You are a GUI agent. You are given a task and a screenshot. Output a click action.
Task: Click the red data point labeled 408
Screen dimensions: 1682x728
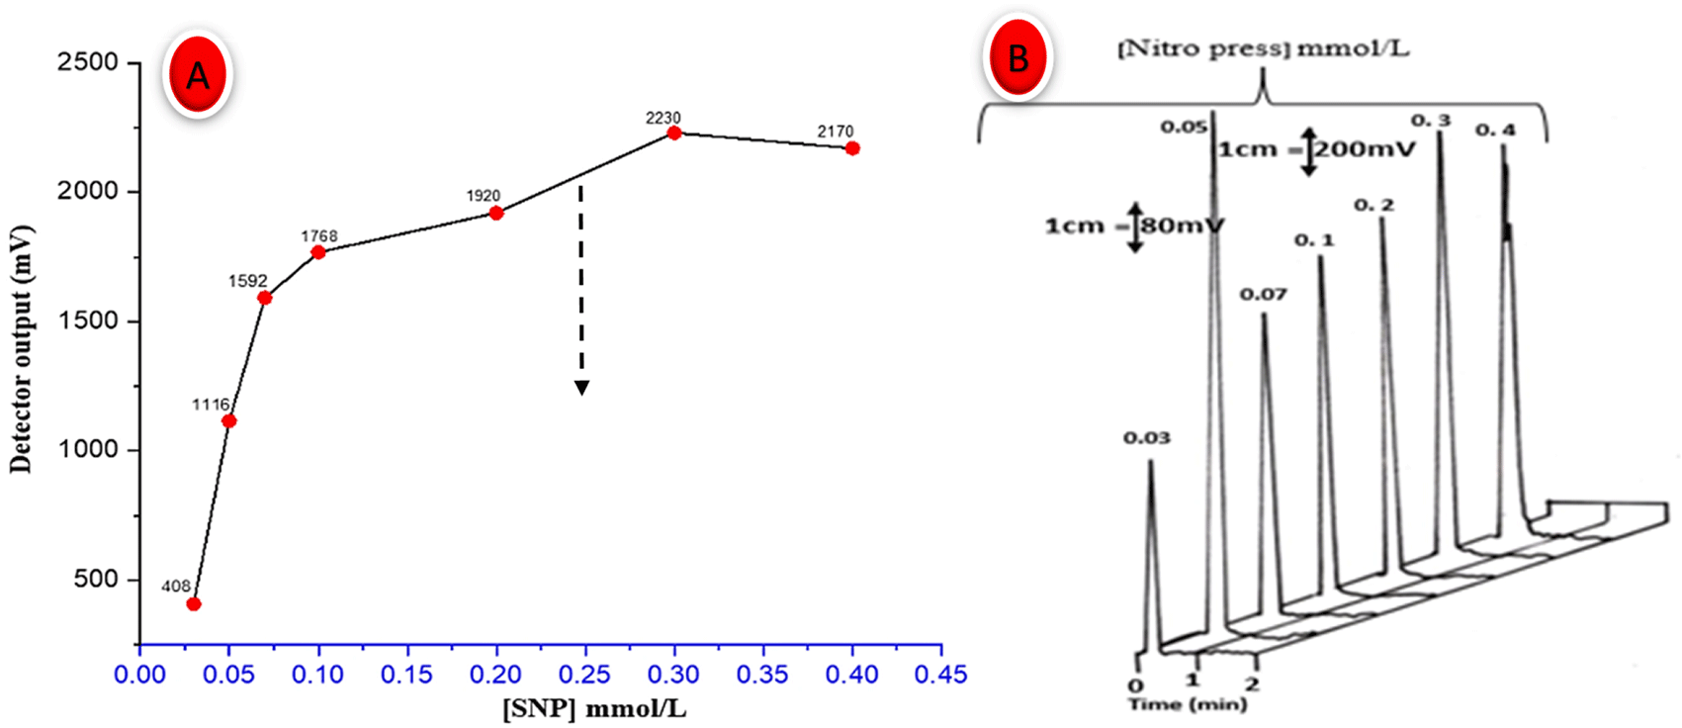[x=194, y=604]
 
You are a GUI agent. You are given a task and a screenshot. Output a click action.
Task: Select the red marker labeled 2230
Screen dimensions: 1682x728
[x=674, y=133]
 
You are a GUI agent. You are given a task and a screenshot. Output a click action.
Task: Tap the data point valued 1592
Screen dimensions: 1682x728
[x=264, y=298]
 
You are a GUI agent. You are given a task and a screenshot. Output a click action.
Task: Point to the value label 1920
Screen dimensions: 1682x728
[x=483, y=195]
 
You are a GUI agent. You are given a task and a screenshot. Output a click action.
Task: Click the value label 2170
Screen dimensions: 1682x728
[x=835, y=132]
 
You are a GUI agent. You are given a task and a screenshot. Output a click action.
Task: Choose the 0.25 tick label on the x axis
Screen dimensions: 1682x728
[x=585, y=674]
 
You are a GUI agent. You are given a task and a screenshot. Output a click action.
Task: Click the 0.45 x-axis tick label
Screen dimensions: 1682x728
[x=940, y=674]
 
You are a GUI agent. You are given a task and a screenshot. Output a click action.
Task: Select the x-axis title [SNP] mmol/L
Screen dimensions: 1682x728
[x=594, y=708]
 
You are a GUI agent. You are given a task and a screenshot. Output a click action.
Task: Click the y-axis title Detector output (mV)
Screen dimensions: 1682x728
[x=21, y=349]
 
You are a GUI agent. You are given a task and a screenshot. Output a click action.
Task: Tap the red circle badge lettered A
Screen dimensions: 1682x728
[x=198, y=75]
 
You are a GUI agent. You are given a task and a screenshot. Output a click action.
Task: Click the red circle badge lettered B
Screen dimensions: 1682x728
[x=1018, y=57]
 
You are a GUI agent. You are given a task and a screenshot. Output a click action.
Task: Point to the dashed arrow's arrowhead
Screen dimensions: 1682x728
[x=582, y=388]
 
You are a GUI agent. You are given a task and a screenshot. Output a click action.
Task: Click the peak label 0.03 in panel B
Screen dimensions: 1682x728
[x=1147, y=438]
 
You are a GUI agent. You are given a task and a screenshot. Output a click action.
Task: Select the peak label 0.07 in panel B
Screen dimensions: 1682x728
[x=1263, y=295]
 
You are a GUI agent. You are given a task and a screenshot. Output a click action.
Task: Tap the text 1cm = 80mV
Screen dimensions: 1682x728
[x=1134, y=227]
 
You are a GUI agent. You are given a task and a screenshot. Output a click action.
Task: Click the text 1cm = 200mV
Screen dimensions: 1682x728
[x=1316, y=150]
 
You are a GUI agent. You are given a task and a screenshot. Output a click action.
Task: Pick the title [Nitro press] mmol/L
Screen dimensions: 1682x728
[x=1264, y=49]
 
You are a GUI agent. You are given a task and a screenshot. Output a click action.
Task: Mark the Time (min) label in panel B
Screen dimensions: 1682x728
[x=1188, y=704]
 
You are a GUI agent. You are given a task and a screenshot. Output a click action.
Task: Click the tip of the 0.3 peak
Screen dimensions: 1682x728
[x=1439, y=133]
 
